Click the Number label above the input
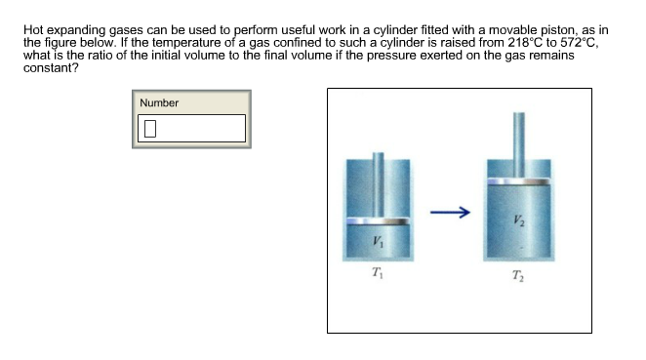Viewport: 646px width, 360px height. click(x=159, y=102)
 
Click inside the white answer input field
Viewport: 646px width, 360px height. click(x=190, y=128)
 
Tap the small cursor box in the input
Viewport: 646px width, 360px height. click(x=149, y=128)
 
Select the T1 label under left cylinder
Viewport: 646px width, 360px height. click(x=378, y=272)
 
